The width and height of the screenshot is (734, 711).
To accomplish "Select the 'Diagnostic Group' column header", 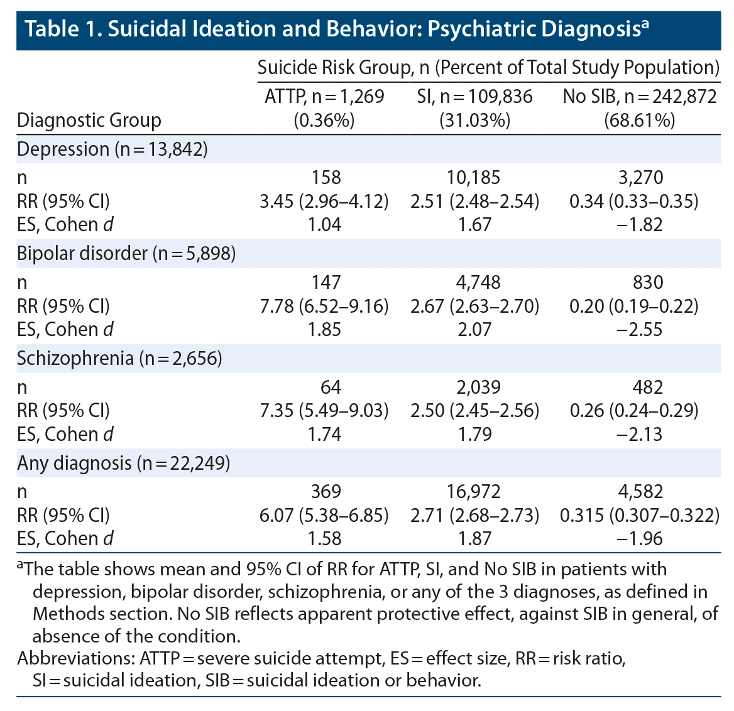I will (89, 120).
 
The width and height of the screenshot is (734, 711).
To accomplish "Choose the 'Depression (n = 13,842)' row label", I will (112, 149).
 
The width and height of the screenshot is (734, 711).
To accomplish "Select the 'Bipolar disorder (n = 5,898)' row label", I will (126, 254).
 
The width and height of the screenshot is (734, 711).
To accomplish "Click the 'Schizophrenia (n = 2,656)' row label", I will (119, 359).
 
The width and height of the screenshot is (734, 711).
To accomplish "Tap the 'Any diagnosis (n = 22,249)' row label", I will (123, 464).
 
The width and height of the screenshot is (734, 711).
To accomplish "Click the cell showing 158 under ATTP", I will (325, 178).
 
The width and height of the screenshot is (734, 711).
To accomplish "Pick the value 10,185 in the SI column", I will (474, 178).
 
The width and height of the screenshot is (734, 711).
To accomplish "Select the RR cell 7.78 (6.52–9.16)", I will (324, 306).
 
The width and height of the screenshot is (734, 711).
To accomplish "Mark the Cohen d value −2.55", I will (639, 329).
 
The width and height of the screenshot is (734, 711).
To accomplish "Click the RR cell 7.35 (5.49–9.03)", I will (324, 411).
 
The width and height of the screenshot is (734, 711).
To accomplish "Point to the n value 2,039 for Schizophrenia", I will (474, 388).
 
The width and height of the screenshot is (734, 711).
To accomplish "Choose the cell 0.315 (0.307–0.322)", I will (639, 516).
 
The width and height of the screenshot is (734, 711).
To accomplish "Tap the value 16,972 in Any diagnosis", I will (474, 492).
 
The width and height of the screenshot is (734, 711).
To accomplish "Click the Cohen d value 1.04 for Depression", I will (325, 224).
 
